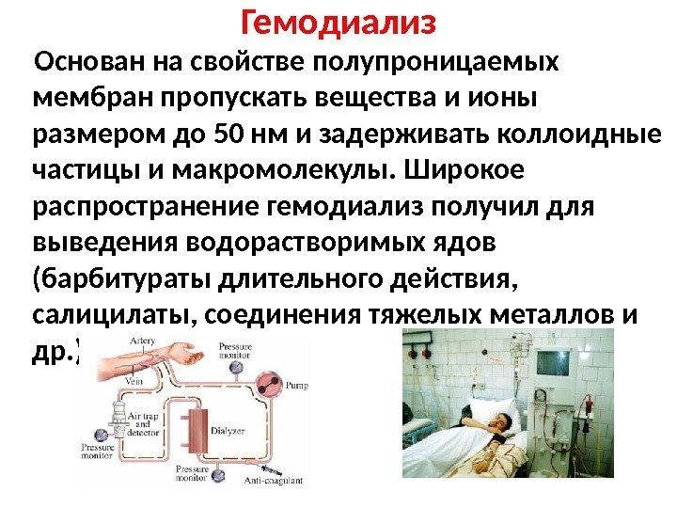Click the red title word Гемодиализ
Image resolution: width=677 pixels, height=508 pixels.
click(x=338, y=21)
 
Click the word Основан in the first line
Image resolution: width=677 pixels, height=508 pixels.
click(x=83, y=61)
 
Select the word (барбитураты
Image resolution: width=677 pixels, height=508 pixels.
click(x=119, y=278)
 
